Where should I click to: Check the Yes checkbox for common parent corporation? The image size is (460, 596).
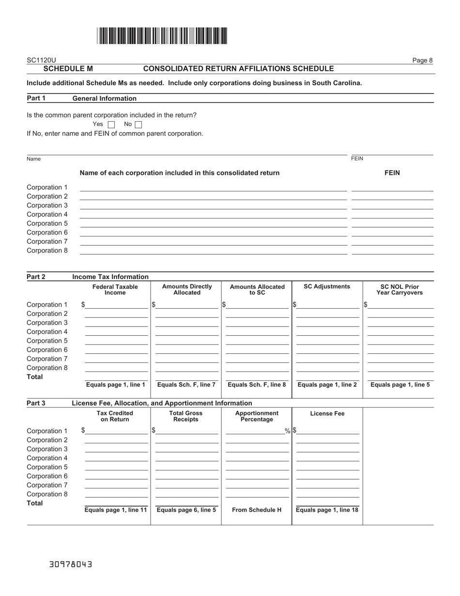tap(111, 125)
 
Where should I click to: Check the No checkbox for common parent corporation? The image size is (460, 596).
tap(138, 125)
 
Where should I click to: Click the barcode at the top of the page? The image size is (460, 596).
tap(162, 36)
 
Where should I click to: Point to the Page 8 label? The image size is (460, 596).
tap(422, 60)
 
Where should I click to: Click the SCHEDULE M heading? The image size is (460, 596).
tap(68, 69)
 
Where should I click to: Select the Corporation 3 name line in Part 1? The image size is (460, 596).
tap(213, 205)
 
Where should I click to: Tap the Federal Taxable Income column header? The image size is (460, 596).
tap(115, 290)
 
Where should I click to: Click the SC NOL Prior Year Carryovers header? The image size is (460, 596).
tap(399, 290)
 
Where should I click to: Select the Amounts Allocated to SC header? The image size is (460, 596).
tap(257, 290)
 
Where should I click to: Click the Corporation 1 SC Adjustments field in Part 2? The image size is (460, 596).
tap(328, 305)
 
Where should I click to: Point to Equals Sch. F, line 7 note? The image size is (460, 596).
tap(186, 385)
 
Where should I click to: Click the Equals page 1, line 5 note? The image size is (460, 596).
tap(400, 385)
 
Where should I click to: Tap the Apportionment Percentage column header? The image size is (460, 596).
tap(257, 416)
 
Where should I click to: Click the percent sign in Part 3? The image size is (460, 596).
tap(288, 431)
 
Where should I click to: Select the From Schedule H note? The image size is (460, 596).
tap(257, 510)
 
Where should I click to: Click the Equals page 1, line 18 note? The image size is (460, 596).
tap(327, 510)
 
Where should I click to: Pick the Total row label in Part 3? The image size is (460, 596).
tap(35, 503)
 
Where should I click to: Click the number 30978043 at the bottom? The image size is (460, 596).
tap(71, 565)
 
